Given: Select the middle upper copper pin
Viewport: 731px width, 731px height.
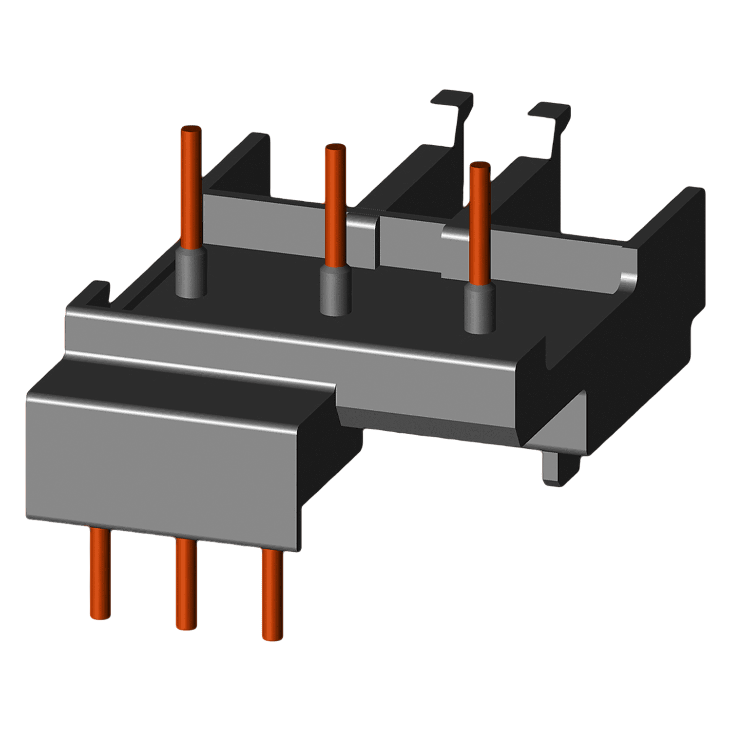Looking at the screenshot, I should coord(335,205).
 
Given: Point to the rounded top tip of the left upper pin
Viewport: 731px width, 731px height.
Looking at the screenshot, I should coord(191,130).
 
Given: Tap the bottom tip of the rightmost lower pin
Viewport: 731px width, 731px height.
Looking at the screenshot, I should coord(272,636).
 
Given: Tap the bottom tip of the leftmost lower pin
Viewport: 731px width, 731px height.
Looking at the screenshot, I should coord(100,616).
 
